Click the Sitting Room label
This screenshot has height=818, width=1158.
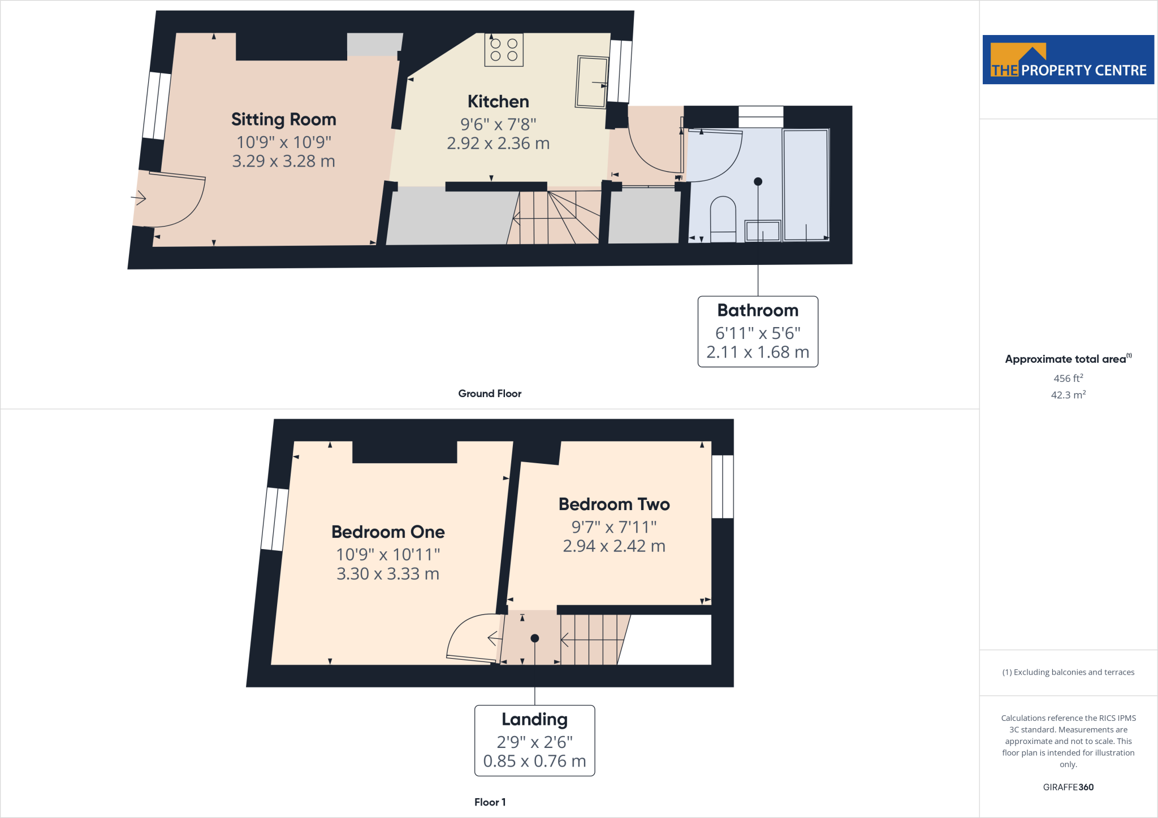pyautogui.click(x=283, y=119)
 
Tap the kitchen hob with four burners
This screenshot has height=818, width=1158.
pyautogui.click(x=504, y=50)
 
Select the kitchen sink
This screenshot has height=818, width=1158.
pyautogui.click(x=591, y=82)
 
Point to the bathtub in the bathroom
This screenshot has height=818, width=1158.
pyautogui.click(x=806, y=185)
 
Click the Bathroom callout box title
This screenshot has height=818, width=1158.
pyautogui.click(x=758, y=310)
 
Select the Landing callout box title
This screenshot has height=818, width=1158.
pyautogui.click(x=534, y=719)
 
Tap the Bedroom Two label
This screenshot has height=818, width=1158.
pyautogui.click(x=614, y=504)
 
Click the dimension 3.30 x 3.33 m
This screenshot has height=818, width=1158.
pyautogui.click(x=388, y=573)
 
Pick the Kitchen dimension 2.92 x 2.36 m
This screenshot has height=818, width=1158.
pyautogui.click(x=498, y=143)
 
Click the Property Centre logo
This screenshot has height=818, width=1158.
pyautogui.click(x=1068, y=60)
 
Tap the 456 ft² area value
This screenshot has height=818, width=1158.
pyautogui.click(x=1068, y=378)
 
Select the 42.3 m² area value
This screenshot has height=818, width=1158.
pyautogui.click(x=1068, y=395)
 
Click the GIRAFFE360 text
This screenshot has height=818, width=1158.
pyautogui.click(x=1068, y=787)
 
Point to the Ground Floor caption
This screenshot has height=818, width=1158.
pyautogui.click(x=490, y=394)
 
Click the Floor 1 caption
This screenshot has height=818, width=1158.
pyautogui.click(x=490, y=802)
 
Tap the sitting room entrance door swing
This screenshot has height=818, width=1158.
pyautogui.click(x=175, y=201)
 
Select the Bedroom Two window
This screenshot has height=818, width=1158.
pyautogui.click(x=722, y=486)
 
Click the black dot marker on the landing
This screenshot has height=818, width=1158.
pyautogui.click(x=534, y=638)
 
